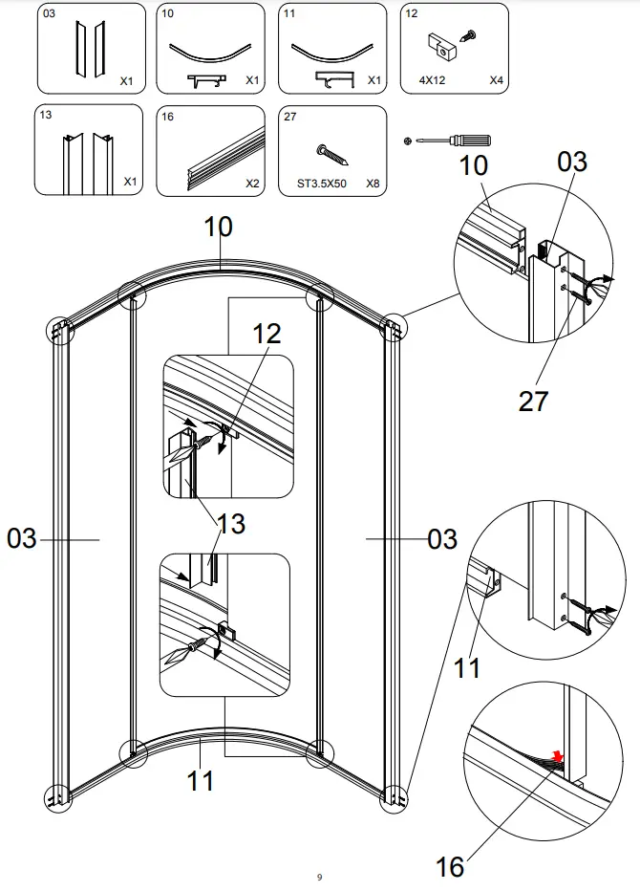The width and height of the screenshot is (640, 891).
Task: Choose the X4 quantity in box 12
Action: (496, 80)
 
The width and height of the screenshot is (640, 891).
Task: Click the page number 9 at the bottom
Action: (319, 877)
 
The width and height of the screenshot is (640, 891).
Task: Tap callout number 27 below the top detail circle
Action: (534, 401)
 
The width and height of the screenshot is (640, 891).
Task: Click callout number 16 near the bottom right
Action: (450, 867)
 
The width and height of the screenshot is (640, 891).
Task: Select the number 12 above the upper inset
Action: (267, 335)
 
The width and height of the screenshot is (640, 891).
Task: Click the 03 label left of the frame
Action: (22, 539)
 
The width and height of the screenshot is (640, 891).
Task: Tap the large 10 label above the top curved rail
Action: (218, 228)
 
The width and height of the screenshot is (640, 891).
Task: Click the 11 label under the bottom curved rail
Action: (200, 781)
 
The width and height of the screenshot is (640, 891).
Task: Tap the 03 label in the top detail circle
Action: (572, 162)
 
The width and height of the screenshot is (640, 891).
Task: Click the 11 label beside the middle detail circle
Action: (466, 666)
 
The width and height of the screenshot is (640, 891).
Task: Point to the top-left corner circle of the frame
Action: (59, 331)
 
